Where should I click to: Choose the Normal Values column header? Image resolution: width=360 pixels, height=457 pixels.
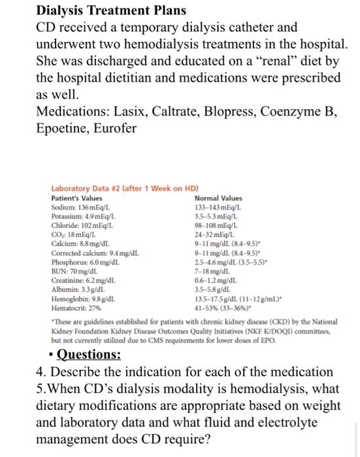(218, 198)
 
